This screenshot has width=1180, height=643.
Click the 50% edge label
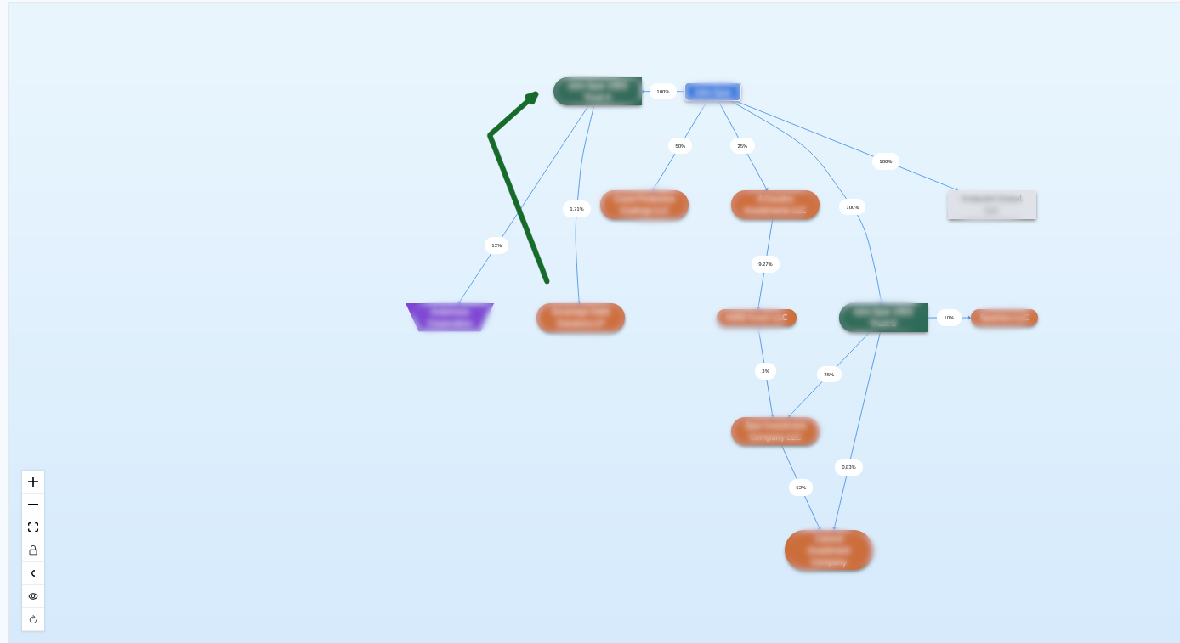point(680,146)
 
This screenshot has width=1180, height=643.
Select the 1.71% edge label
point(576,209)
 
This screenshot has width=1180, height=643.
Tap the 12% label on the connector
point(496,245)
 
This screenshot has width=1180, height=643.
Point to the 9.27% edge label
point(765,264)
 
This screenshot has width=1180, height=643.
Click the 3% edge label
point(765,371)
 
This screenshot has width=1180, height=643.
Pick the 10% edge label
point(949,318)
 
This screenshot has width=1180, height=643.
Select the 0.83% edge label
point(848,467)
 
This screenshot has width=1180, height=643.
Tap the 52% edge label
point(801,488)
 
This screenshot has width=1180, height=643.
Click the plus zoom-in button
point(33,482)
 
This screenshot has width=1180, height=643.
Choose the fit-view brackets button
point(33,527)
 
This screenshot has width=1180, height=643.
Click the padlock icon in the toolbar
point(33,550)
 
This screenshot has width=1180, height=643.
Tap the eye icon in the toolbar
point(33,596)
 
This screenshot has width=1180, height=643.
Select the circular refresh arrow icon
point(33,619)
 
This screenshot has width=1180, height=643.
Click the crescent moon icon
point(33,573)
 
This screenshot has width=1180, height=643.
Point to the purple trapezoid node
point(450,317)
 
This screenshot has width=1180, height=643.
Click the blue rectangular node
point(712,92)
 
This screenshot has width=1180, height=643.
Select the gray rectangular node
point(991,205)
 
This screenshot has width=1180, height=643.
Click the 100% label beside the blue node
point(663,92)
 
